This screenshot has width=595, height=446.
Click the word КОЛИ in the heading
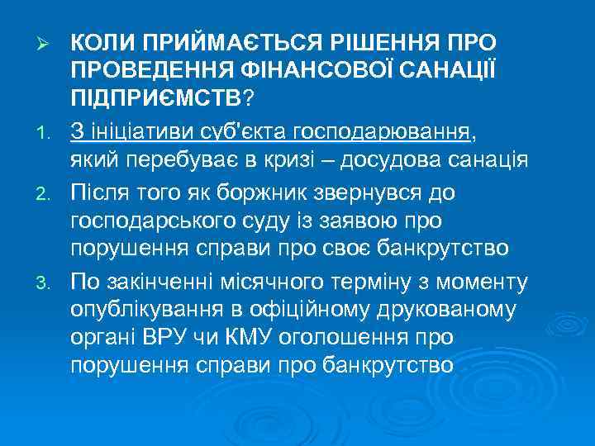point(102,40)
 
